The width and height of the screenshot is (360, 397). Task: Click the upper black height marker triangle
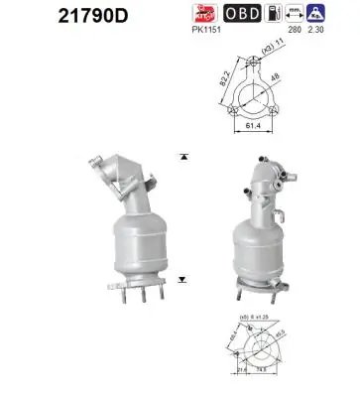pos(184,157)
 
